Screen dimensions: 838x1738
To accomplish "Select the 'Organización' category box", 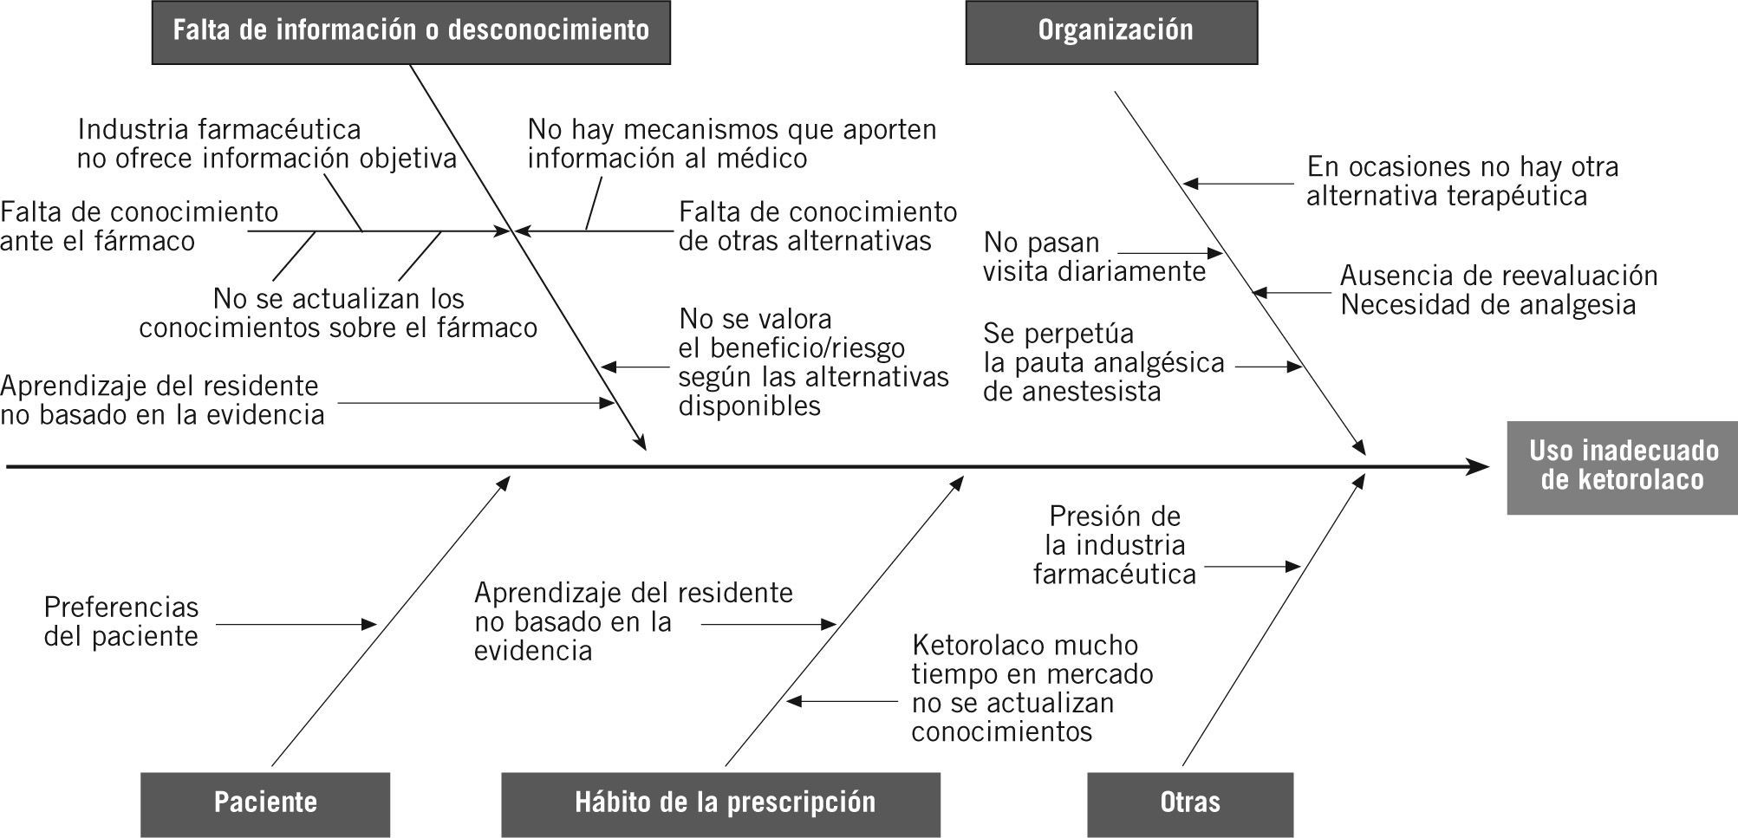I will coord(1111,32).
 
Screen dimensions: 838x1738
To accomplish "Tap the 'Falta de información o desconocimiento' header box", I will coord(411,32).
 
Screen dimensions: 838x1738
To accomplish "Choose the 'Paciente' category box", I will coord(265,803).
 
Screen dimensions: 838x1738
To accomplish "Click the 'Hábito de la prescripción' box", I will coord(720,803).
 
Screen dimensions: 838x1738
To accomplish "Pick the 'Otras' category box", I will coord(1189,803).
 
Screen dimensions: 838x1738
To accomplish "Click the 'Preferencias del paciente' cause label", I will coord(121,622).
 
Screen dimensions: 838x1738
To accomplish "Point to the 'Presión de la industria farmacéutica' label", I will coord(1115,545).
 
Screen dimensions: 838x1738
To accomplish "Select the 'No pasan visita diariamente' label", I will coord(1094,257).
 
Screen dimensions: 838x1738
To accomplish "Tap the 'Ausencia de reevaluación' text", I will coord(1498,276).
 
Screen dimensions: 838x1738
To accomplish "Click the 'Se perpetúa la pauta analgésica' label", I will coord(1103,362).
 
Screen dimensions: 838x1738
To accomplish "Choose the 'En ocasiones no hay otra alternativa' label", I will coord(1461,181).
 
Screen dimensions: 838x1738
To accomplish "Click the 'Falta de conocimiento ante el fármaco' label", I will coord(139,226).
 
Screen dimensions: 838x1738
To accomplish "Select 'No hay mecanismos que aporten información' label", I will coord(732,144).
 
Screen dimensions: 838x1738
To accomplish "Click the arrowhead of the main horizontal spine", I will coord(1479,468).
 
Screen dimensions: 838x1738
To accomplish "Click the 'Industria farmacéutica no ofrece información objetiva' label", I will coord(266,144).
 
